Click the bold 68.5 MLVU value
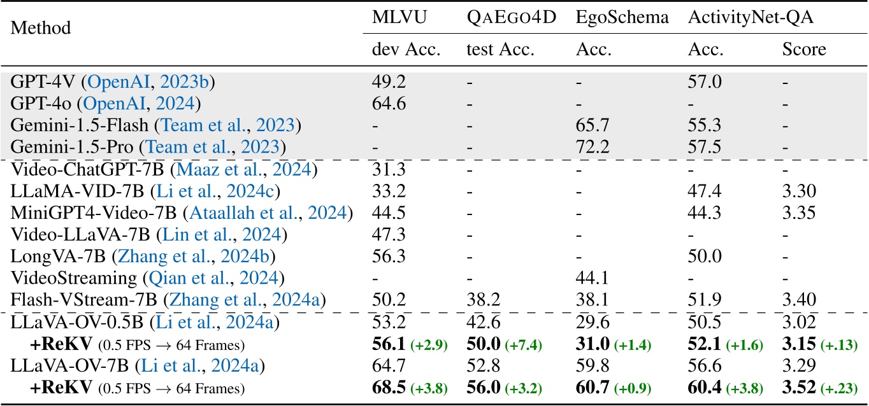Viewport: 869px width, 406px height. tap(388, 388)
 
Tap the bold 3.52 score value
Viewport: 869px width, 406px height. tap(800, 388)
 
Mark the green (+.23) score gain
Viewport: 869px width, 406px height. tap(840, 388)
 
